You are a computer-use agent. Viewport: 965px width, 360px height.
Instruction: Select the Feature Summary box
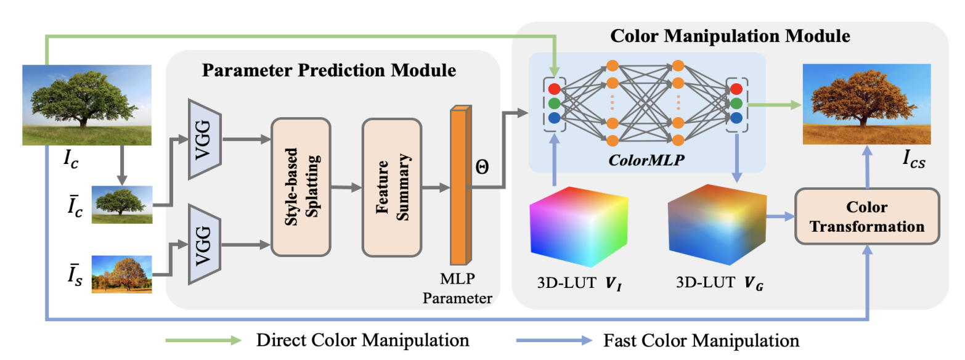(392, 187)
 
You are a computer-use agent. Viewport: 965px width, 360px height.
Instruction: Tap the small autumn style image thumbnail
(121, 274)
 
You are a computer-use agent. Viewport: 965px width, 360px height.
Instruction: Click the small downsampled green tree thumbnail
(121, 205)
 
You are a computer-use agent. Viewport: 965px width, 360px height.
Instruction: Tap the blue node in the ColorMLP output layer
(736, 117)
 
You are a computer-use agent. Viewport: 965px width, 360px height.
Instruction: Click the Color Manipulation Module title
(730, 36)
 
